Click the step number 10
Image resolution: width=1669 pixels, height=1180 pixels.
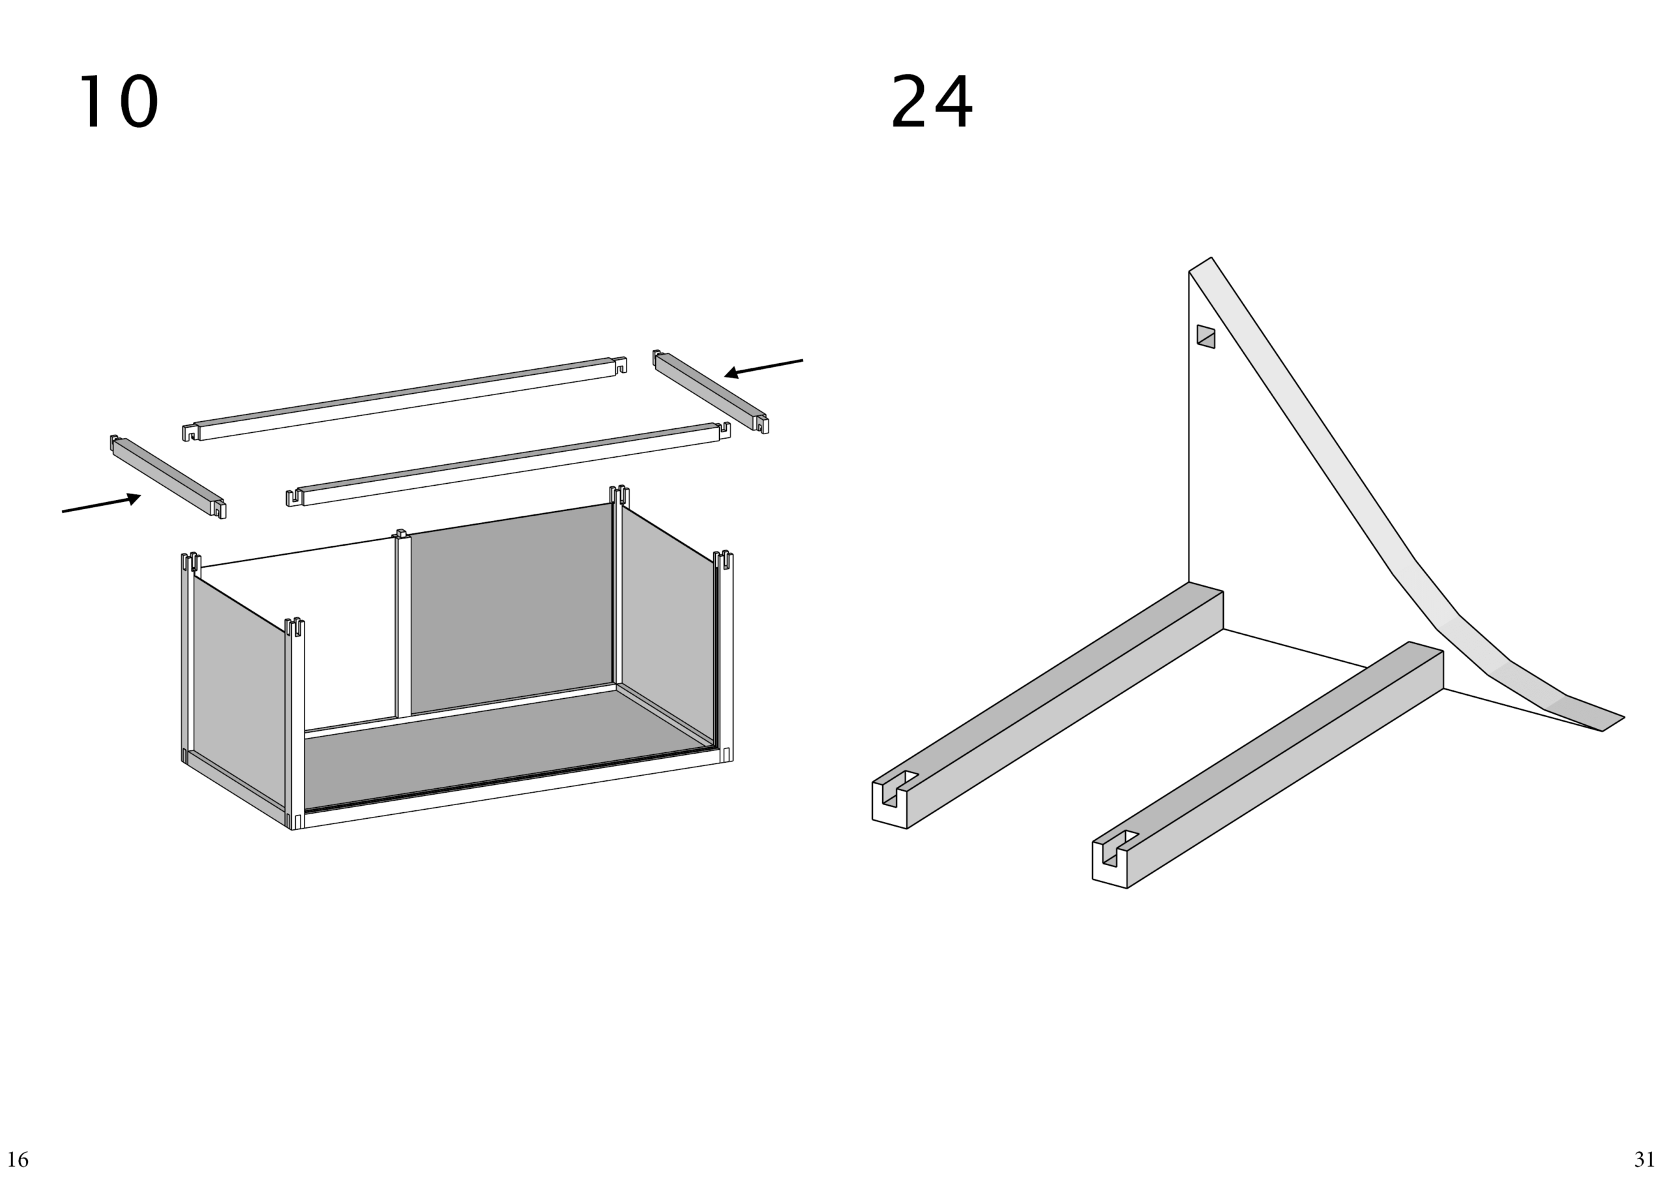pyautogui.click(x=118, y=102)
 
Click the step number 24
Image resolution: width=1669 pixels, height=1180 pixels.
pyautogui.click(x=931, y=102)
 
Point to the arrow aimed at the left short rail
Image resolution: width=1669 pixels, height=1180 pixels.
pyautogui.click(x=101, y=503)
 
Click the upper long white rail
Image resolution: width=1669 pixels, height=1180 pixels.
pyautogui.click(x=404, y=398)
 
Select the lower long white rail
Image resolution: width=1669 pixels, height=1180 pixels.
pyautogui.click(x=508, y=464)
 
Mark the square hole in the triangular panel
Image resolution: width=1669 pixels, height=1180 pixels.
pyautogui.click(x=1206, y=336)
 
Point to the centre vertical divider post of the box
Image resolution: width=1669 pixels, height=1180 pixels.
pyautogui.click(x=403, y=625)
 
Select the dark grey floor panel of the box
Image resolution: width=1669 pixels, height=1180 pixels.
pyautogui.click(x=501, y=749)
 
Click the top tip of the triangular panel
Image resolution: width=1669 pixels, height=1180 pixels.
pyautogui.click(x=1211, y=258)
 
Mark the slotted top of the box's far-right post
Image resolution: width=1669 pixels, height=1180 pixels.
pyautogui.click(x=723, y=560)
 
